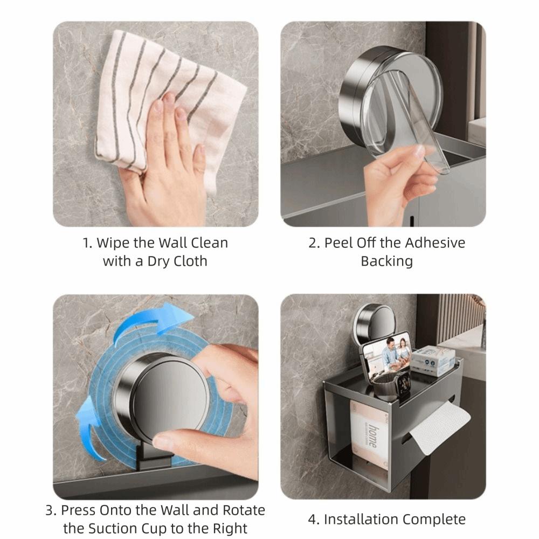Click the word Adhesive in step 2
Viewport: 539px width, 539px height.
(434, 243)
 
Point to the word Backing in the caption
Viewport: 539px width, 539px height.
(386, 261)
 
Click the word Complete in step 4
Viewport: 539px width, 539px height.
(437, 520)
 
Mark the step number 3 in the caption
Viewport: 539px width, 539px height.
(50, 510)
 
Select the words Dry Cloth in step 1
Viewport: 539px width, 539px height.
(181, 261)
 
